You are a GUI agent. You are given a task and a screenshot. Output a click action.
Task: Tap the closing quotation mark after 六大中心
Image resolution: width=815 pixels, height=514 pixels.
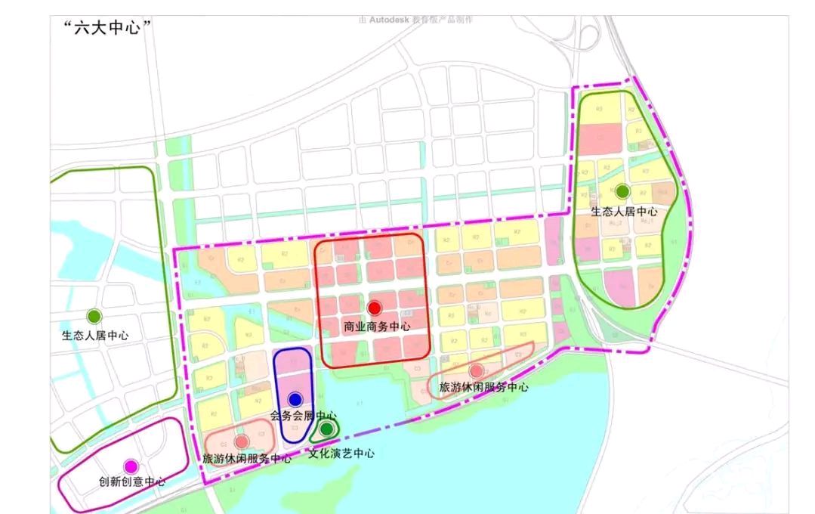pos(148,26)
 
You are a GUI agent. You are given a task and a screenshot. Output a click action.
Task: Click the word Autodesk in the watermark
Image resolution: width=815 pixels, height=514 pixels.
pos(390,19)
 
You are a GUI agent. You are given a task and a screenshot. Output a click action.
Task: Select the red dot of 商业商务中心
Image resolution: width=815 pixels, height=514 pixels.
pos(374,308)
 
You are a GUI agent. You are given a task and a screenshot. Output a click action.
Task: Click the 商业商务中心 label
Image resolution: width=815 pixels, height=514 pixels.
pos(376,327)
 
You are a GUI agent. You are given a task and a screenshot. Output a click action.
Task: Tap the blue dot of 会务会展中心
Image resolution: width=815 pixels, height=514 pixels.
pos(295,399)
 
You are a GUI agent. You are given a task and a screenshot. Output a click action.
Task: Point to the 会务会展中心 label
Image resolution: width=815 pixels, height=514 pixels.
pos(303,416)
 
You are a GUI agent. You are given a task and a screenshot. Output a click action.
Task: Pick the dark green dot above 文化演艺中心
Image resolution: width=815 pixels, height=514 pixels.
pos(326,429)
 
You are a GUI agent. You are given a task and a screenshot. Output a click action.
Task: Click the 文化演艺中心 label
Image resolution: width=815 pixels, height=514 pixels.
pos(342,454)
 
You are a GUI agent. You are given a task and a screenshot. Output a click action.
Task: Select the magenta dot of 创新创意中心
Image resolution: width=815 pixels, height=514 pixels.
pos(131,466)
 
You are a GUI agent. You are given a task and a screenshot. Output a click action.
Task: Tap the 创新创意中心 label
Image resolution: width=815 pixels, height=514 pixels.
pos(132,481)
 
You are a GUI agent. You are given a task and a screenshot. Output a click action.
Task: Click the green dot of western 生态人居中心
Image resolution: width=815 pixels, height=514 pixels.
pos(94,316)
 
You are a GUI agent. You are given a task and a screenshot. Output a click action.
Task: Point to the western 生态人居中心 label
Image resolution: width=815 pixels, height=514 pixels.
pos(95,335)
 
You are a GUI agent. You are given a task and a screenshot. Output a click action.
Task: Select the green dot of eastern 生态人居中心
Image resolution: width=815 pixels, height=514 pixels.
pos(622,191)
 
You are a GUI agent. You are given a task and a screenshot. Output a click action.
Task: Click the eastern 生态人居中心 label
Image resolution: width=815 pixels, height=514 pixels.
pos(624,212)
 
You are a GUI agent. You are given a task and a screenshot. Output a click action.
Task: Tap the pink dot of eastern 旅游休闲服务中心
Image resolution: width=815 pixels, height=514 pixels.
pos(476,370)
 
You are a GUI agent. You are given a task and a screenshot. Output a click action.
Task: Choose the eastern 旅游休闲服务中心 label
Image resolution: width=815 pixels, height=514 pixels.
pos(484,387)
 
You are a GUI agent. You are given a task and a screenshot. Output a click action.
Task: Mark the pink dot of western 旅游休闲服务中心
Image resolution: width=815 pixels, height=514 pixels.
pos(241,441)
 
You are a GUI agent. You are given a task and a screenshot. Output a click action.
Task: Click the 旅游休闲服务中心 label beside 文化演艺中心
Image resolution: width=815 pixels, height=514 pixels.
pos(246,458)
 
